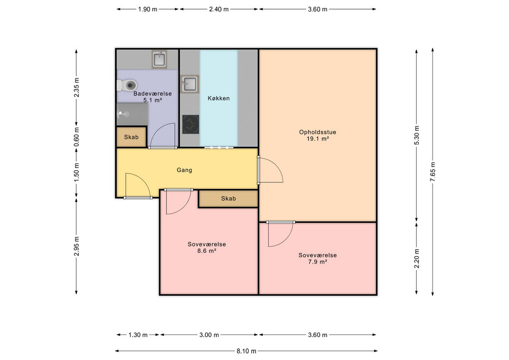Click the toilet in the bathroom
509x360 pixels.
click(x=127, y=85)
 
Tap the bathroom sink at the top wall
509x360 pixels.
click(x=159, y=59)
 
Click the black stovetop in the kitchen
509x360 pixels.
click(x=190, y=124)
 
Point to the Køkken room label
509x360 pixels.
click(x=218, y=98)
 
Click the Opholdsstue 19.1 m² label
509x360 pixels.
click(x=314, y=135)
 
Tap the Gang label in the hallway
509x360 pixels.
click(x=184, y=170)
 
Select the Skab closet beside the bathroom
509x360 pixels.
click(x=131, y=137)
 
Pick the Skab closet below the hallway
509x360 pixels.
click(x=228, y=198)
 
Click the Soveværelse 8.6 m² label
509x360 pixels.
click(x=207, y=248)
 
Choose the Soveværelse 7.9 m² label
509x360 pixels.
click(x=317, y=258)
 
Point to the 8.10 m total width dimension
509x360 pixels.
click(x=246, y=351)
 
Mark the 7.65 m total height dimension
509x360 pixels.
click(x=433, y=171)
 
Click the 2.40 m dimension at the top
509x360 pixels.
click(x=218, y=9)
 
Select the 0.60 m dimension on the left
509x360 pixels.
click(x=77, y=137)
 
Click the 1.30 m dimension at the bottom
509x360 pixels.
click(x=137, y=335)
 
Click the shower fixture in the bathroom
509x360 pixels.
click(x=124, y=113)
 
